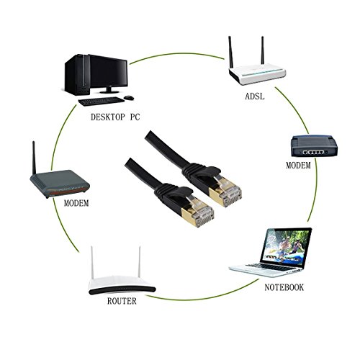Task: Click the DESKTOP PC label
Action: pos(115,117)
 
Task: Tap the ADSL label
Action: pos(255,96)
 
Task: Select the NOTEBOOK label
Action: pos(284,287)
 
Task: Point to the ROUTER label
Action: pos(122,301)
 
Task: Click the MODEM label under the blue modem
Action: pos(298,166)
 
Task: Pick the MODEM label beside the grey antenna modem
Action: pos(76,203)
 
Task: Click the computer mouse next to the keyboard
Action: pos(129,98)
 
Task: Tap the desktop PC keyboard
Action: pos(102,102)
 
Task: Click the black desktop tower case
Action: pos(77,75)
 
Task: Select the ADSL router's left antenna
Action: pos(230,53)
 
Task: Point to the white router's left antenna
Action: pos(91,262)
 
